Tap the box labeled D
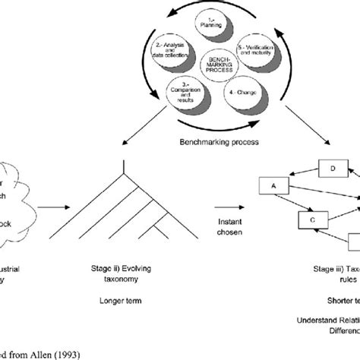coord(331,168)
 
